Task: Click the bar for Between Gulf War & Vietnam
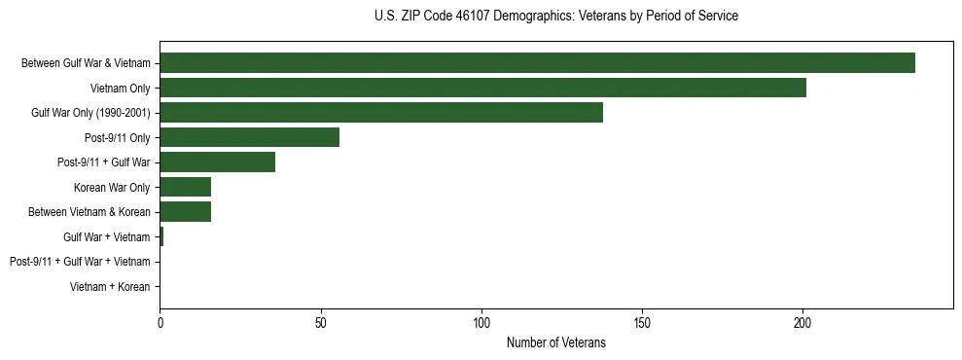(x=537, y=63)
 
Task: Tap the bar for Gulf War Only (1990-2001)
(x=381, y=113)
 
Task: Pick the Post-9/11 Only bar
(x=249, y=137)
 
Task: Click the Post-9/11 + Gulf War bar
(x=217, y=162)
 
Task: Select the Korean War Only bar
(x=185, y=187)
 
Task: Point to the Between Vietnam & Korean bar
(x=185, y=212)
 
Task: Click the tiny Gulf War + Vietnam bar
(x=161, y=236)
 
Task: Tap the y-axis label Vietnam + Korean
(x=110, y=287)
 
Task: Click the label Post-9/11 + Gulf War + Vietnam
(x=80, y=262)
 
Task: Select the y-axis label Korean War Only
(x=112, y=187)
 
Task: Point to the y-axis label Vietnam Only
(x=121, y=89)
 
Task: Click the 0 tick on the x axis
(x=160, y=321)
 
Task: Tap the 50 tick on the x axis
(x=320, y=321)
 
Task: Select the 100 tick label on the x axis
(x=481, y=321)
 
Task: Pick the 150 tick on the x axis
(x=642, y=321)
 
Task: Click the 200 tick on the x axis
(x=802, y=321)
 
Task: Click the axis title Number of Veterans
(x=555, y=342)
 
